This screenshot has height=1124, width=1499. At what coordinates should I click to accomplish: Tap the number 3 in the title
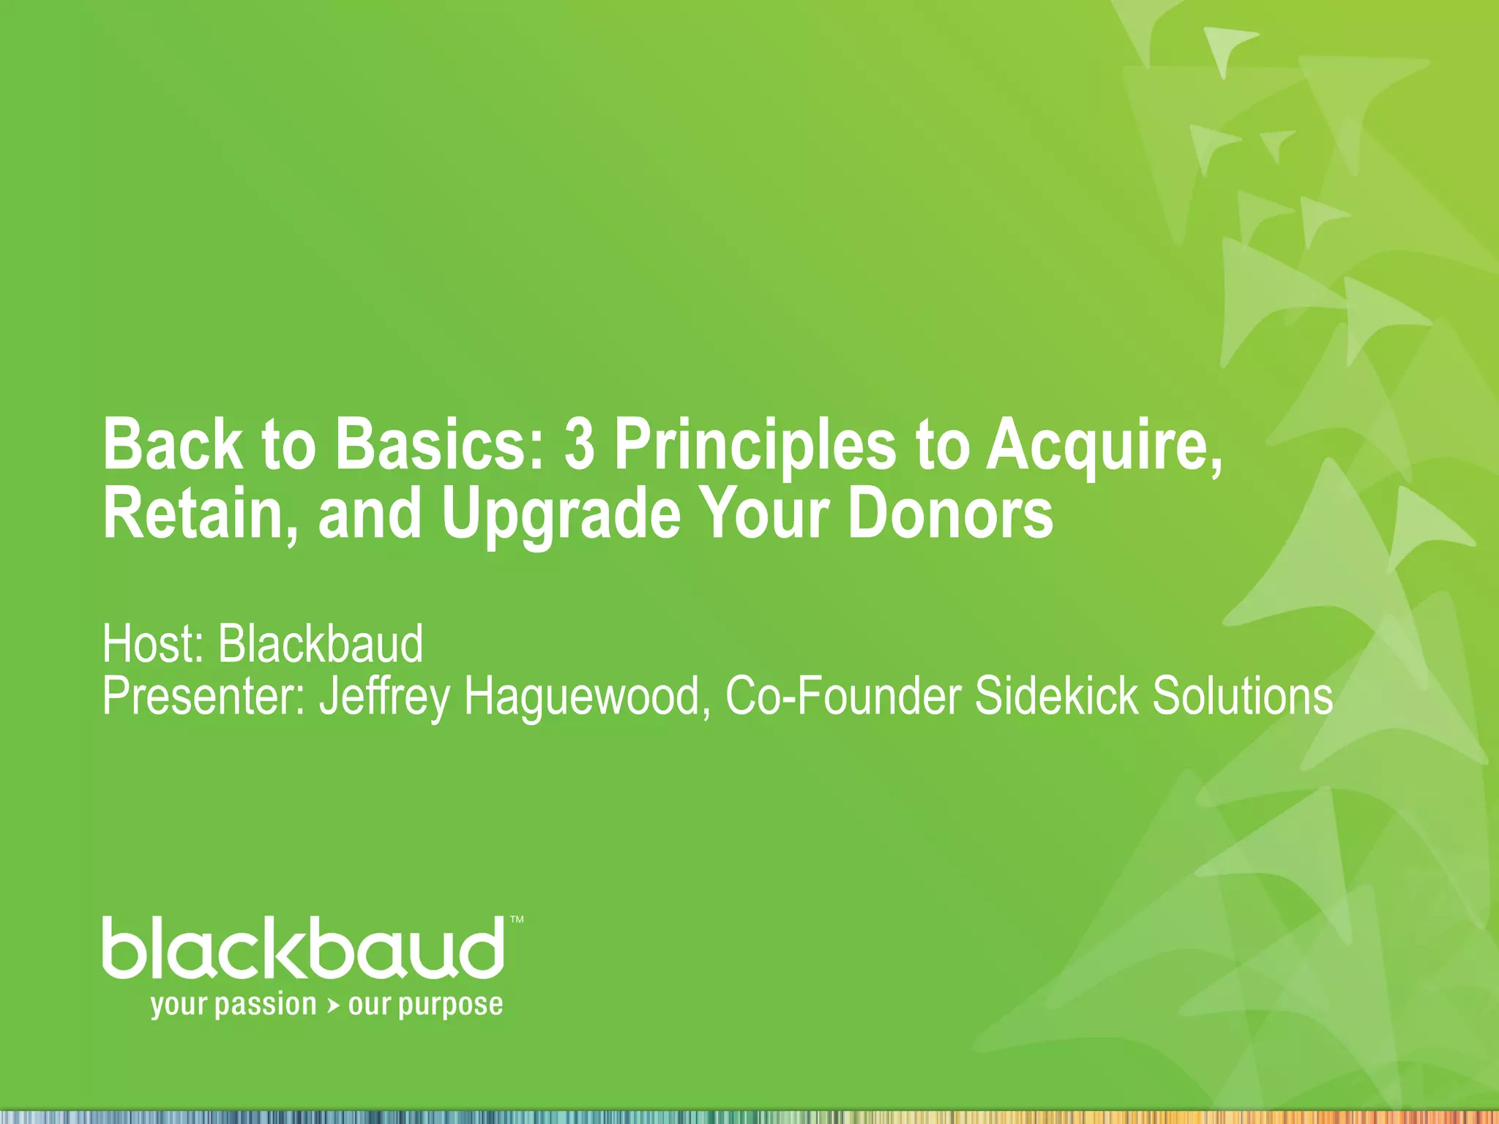[580, 445]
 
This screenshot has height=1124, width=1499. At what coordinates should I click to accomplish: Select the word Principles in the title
[755, 446]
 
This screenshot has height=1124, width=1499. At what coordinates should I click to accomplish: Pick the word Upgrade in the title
[561, 515]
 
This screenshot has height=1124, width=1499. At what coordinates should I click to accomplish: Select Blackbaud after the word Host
[321, 644]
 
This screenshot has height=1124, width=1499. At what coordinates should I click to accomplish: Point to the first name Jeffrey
[385, 697]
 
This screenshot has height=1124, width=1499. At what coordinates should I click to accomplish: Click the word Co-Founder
[842, 697]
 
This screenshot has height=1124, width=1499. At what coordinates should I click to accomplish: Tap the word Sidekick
[1056, 697]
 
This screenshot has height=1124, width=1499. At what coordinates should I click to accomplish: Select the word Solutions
[1242, 697]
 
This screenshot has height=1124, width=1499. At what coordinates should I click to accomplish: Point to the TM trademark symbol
[517, 920]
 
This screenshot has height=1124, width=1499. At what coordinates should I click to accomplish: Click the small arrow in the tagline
[333, 1007]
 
